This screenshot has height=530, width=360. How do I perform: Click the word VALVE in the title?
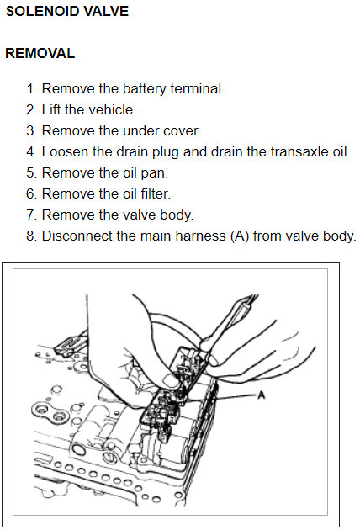[106, 11]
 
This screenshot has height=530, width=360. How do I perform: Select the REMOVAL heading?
[40, 53]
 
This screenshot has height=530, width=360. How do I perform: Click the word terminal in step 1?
[198, 88]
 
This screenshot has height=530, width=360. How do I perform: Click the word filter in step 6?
[156, 194]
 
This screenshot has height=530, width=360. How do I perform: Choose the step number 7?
[31, 215]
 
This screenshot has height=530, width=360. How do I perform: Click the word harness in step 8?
[200, 236]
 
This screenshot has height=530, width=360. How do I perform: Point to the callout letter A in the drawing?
[261, 395]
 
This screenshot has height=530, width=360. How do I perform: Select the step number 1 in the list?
[31, 89]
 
